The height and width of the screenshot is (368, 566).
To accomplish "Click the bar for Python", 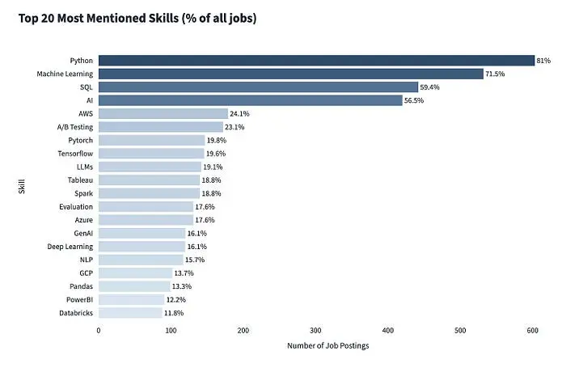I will coord(316,61).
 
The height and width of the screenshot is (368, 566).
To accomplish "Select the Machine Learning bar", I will coord(291,74).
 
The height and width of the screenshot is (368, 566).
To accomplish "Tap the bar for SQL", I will coord(258,87).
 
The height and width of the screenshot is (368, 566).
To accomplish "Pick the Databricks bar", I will coord(130,312).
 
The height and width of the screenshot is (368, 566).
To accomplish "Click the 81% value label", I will coord(544,61).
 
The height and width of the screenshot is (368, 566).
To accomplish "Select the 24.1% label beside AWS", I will coord(240,114).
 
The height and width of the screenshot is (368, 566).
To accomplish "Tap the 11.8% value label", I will coord(174,312).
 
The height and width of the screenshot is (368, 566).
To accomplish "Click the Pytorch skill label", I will coord(79,140).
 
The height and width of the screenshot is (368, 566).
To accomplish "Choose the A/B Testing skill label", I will coord(74,127).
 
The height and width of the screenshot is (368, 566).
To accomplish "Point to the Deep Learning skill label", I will coord(70,246).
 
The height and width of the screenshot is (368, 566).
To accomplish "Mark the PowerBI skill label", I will coord(78,299).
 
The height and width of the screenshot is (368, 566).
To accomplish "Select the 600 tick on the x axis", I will coord(532,330).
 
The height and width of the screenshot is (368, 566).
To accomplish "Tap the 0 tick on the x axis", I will coord(99,330).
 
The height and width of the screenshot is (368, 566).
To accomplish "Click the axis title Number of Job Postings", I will coord(327,346).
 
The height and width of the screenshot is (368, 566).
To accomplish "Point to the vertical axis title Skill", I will coord(22,186).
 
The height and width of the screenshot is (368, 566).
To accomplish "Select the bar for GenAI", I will coord(141,233).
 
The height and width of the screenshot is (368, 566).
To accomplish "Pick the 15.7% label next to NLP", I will coord(194,260).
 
